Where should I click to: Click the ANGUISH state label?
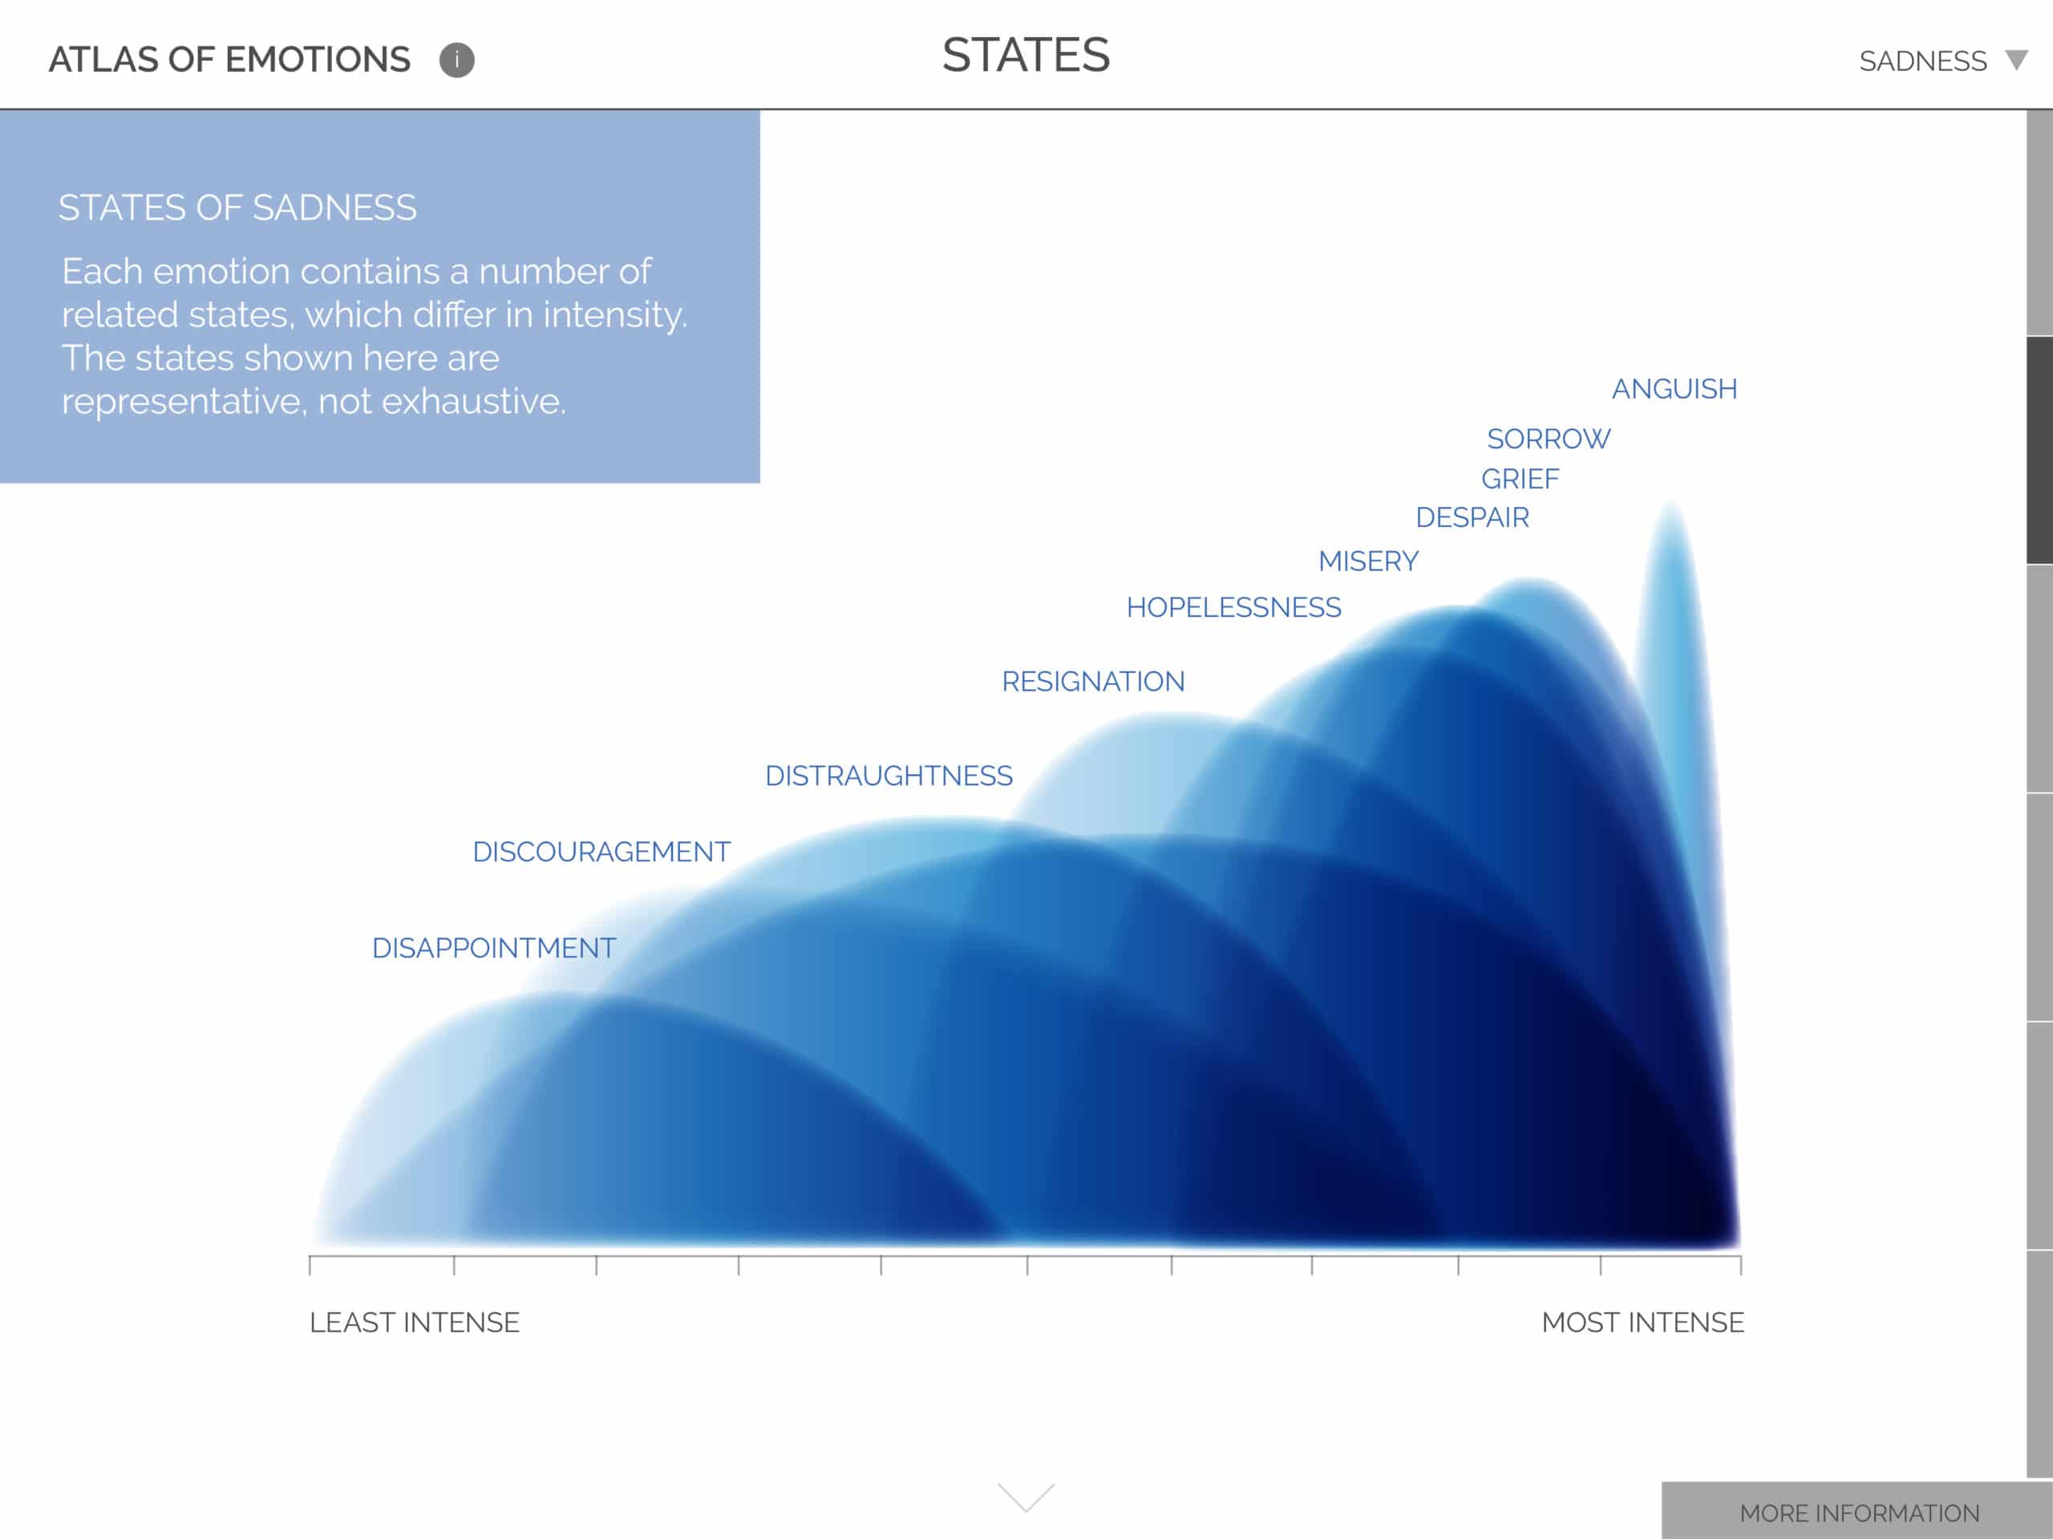1674,389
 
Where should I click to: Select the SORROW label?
1548,439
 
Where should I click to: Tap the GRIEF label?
1520,479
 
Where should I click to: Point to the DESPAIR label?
1472,517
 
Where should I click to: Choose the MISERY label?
1368,561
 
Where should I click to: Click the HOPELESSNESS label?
1233,607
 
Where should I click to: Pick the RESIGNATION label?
1092,681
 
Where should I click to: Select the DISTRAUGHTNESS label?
889,776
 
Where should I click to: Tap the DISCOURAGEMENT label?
601,852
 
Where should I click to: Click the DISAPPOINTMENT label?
494,948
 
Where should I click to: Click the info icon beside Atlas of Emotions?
456,60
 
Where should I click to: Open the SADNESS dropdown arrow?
2016,60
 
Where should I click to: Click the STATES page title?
1026,55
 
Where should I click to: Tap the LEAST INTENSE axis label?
414,1323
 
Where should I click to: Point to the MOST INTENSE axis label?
1642,1323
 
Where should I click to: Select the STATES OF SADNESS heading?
237,208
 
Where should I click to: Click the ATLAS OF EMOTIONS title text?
229,59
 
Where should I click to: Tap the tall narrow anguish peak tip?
1670,503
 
